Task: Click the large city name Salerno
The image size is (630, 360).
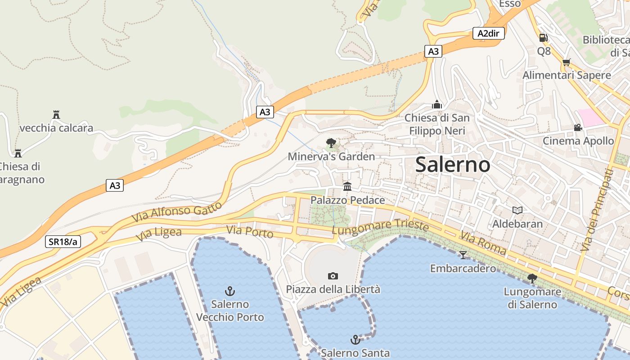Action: tap(453, 164)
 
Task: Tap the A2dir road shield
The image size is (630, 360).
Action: tap(488, 33)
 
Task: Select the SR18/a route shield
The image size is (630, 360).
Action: tap(63, 242)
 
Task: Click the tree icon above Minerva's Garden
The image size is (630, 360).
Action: tap(331, 144)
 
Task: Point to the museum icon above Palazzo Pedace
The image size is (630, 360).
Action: tap(347, 186)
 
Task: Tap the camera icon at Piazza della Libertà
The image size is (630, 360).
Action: tap(333, 276)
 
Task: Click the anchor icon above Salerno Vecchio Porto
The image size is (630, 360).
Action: tap(230, 291)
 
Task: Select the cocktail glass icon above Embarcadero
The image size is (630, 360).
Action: tap(463, 255)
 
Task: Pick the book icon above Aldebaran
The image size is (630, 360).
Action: tap(517, 210)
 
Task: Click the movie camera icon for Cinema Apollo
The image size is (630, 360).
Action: tap(578, 128)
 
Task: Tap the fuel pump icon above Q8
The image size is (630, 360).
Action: tap(544, 38)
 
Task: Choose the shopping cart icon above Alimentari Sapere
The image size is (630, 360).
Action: tap(566, 62)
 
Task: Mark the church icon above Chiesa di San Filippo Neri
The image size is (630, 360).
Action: tap(436, 104)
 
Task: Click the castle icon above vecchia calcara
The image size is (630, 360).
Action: tap(56, 115)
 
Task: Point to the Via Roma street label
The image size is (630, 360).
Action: tap(483, 243)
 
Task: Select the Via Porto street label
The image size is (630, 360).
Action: tap(250, 232)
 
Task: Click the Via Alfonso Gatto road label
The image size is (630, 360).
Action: tap(177, 211)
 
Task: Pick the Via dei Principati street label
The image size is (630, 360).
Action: tap(597, 210)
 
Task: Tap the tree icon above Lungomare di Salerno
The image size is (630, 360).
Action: tap(532, 279)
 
